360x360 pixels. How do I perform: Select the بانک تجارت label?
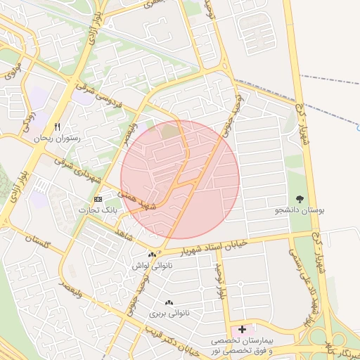(x=99, y=210)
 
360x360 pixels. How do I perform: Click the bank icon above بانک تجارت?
(x=99, y=199)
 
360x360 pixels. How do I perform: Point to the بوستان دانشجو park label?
(x=300, y=210)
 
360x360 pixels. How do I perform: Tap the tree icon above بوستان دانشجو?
(x=300, y=199)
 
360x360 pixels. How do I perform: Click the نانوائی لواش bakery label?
(x=150, y=266)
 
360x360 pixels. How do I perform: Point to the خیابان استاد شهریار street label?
(x=206, y=248)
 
